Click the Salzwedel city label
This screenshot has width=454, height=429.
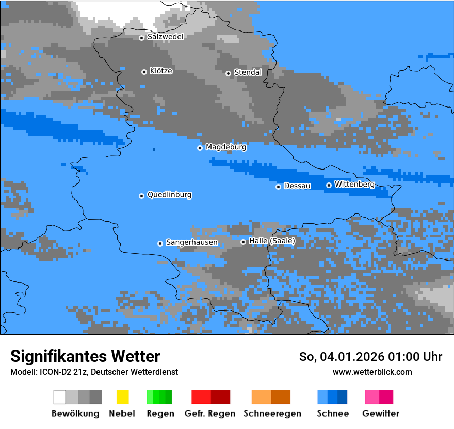coord(165,37)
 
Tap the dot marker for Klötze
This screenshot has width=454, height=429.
coord(144,72)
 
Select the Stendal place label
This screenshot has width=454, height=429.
coord(248,72)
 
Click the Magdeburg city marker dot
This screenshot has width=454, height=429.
coord(200,148)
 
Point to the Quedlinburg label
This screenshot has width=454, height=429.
coord(169,195)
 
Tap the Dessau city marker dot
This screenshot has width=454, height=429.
coord(278,187)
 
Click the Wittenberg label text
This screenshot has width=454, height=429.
coord(354,184)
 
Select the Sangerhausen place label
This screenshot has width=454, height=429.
coord(191,242)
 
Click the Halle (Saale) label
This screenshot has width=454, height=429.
coord(272,241)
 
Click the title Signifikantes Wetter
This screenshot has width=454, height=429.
coord(85,356)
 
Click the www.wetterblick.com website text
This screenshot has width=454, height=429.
coord(372,372)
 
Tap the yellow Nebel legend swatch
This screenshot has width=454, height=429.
coord(122,397)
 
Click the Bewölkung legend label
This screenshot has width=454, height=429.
coord(75,413)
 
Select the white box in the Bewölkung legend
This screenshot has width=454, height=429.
coord(60,397)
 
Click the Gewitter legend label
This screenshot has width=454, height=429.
coord(381,413)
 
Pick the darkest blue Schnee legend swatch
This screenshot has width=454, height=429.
coord(343,397)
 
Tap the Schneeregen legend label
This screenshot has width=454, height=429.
coord(271,413)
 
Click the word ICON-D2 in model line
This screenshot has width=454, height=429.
coord(52,372)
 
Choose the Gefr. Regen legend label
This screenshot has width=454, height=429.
coord(210,413)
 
